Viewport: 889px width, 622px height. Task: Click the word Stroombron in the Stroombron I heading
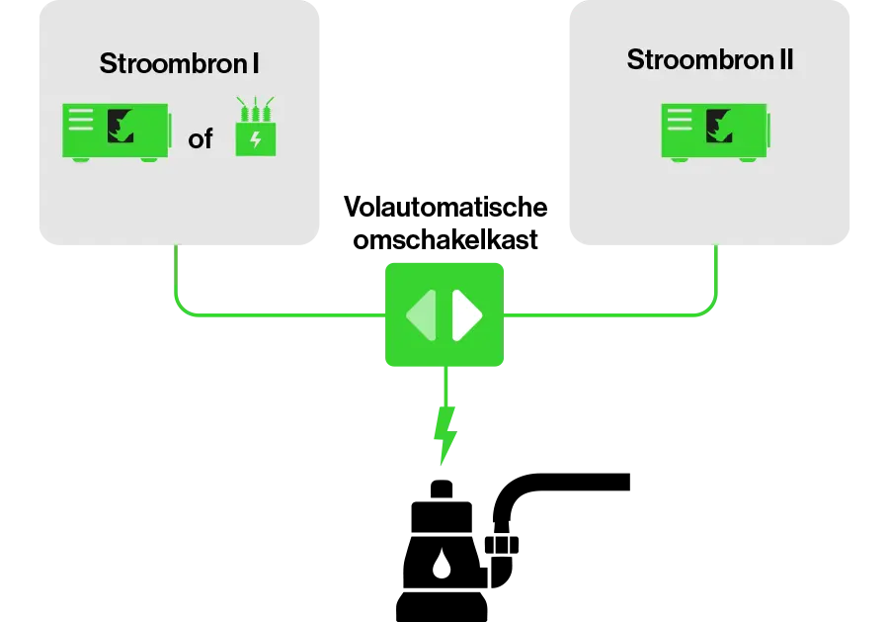click(x=173, y=64)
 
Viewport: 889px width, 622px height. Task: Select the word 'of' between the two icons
click(x=201, y=139)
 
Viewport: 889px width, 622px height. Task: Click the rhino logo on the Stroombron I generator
click(x=122, y=125)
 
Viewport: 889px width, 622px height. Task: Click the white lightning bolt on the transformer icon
click(x=256, y=139)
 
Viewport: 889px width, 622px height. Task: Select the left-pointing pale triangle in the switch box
click(x=422, y=315)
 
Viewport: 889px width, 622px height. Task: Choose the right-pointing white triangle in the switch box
click(x=466, y=315)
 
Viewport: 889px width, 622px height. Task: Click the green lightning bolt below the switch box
click(x=445, y=433)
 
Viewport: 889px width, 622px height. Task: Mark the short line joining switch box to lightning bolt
click(x=445, y=386)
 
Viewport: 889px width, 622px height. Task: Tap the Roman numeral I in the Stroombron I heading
click(x=255, y=64)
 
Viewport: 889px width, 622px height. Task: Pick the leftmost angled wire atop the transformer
click(x=239, y=102)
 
